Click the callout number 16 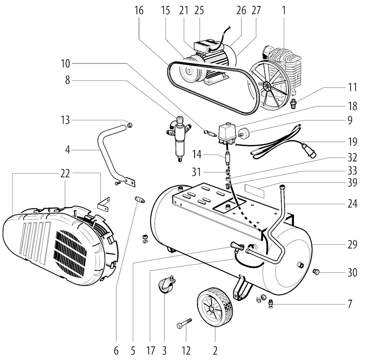pyautogui.click(x=139, y=10)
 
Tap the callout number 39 pyautogui.click(x=352, y=183)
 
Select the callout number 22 pyautogui.click(x=65, y=174)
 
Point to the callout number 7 pyautogui.click(x=350, y=304)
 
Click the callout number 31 pyautogui.click(x=196, y=172)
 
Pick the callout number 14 pyautogui.click(x=197, y=155)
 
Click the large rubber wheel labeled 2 pyautogui.click(x=215, y=307)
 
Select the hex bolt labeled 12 pyautogui.click(x=184, y=323)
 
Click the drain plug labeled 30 pyautogui.click(x=316, y=272)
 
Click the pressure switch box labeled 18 pyautogui.click(x=227, y=133)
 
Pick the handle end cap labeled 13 pyautogui.click(x=129, y=125)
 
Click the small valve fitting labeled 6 pyautogui.click(x=140, y=200)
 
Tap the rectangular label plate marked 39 pyautogui.click(x=255, y=191)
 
